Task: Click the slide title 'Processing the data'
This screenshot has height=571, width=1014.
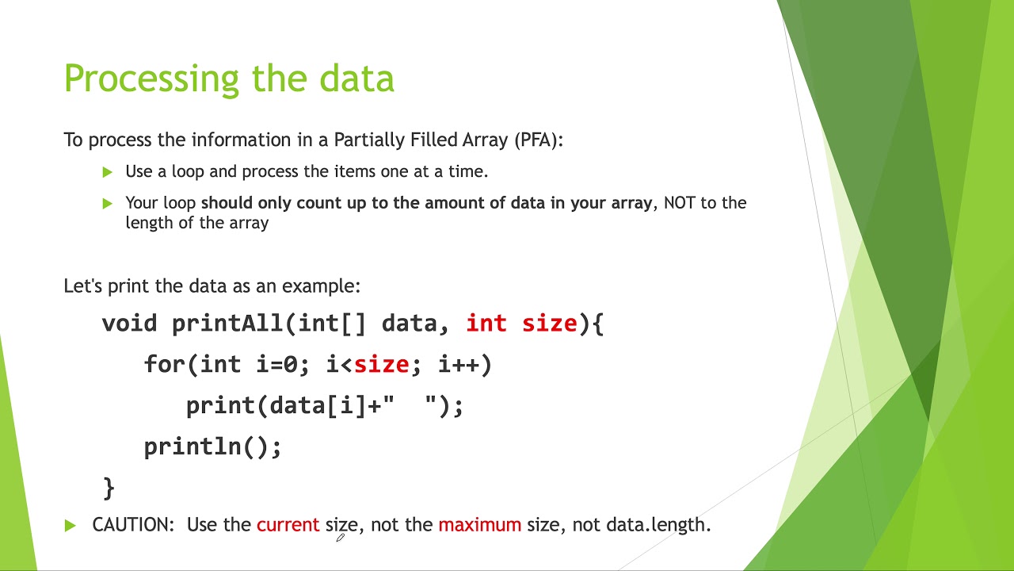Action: (x=229, y=79)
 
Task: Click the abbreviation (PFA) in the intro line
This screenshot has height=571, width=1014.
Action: (x=538, y=140)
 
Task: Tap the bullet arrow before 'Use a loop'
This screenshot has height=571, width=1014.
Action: (x=108, y=171)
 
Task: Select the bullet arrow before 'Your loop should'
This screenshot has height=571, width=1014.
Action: (x=108, y=203)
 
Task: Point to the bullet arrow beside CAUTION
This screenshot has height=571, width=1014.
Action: (x=71, y=525)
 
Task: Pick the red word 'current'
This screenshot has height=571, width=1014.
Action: (x=288, y=525)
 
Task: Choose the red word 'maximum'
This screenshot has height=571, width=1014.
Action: (x=479, y=525)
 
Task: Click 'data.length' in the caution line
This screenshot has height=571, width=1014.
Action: (x=658, y=525)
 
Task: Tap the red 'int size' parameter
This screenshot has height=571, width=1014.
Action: (x=521, y=324)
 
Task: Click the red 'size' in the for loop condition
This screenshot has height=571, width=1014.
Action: (x=381, y=365)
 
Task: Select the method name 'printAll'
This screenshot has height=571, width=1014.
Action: (x=227, y=324)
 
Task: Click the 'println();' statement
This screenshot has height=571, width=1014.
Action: (x=212, y=447)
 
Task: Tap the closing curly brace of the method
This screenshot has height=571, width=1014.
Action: (x=109, y=487)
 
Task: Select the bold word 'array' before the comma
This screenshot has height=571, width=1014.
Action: (x=630, y=203)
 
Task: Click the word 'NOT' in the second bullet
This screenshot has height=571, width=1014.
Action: (x=680, y=203)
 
